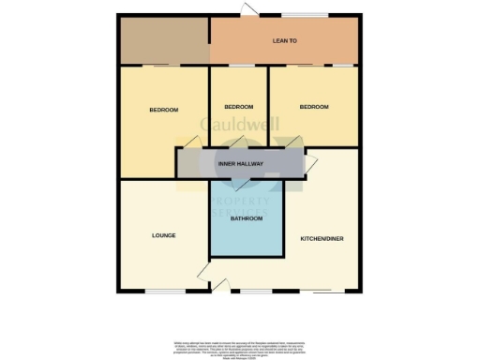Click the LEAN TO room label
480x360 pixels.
[x=284, y=41]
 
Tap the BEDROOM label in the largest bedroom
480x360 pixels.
[x=163, y=111]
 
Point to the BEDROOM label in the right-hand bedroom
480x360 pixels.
[x=314, y=108]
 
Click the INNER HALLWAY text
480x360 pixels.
[x=240, y=164]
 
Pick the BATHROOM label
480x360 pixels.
[x=245, y=218]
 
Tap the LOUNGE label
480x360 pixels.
[x=164, y=236]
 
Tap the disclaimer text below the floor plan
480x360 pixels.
[x=240, y=346]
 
